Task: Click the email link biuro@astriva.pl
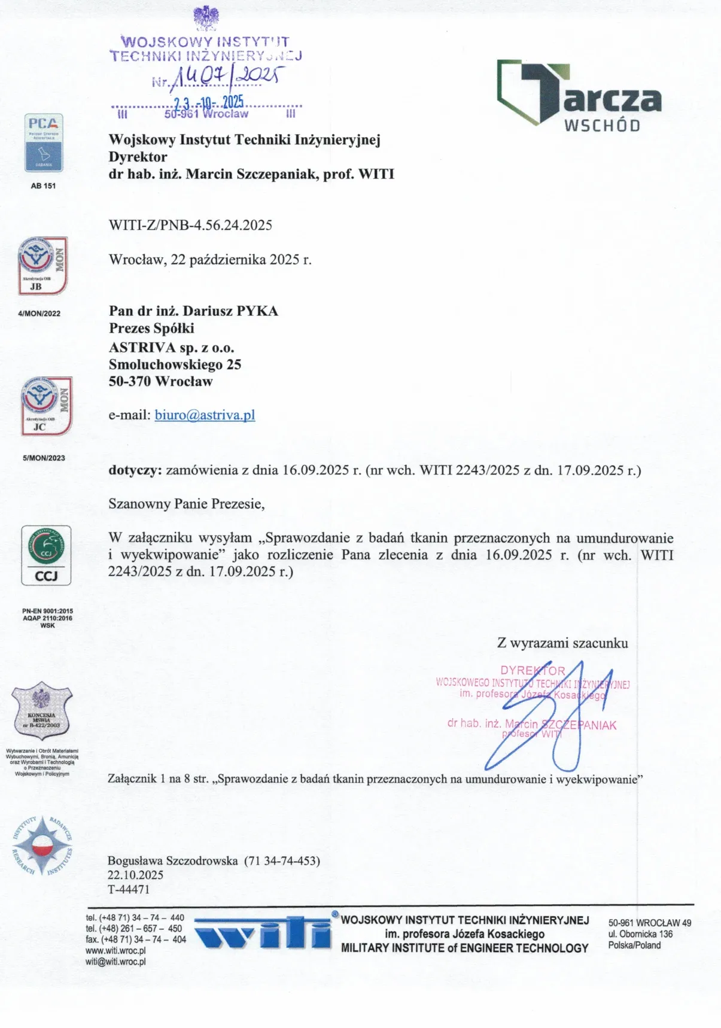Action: click(x=205, y=415)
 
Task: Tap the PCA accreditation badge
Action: click(x=44, y=144)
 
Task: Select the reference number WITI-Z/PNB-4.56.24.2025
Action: click(x=190, y=225)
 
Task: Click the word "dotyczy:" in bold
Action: click(x=135, y=470)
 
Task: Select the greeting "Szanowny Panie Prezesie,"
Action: click(x=186, y=503)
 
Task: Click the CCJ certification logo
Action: click(x=46, y=555)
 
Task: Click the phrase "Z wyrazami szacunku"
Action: click(x=562, y=643)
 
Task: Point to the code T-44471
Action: click(x=129, y=889)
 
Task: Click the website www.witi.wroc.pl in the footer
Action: click(x=116, y=951)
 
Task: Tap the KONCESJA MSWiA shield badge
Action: click(x=42, y=711)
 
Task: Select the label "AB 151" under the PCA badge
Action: click(x=43, y=185)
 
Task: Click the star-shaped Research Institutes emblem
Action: click(x=42, y=845)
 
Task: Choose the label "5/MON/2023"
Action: click(x=44, y=458)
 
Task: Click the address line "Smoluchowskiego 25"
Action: click(x=175, y=364)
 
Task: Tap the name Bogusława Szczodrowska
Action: click(x=172, y=860)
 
